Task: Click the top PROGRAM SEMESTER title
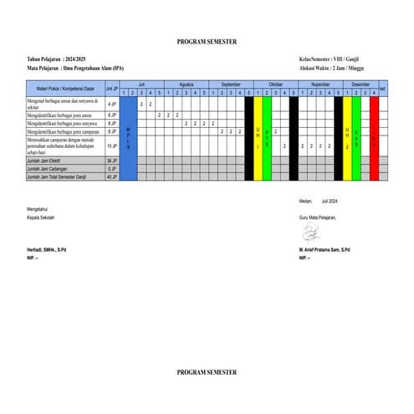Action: pyautogui.click(x=207, y=41)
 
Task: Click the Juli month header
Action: pyautogui.click(x=141, y=84)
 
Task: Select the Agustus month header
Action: pyautogui.click(x=187, y=84)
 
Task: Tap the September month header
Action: pyautogui.click(x=231, y=84)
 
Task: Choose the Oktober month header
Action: pyautogui.click(x=275, y=84)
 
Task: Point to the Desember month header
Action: pyautogui.click(x=360, y=84)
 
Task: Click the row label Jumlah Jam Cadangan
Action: pyautogui.click(x=51, y=169)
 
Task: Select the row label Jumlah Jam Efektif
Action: pyautogui.click(x=49, y=160)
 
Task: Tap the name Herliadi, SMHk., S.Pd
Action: pyautogui.click(x=47, y=250)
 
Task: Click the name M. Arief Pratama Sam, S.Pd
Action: pyautogui.click(x=325, y=250)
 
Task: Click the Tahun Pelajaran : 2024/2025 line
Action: pyautogui.click(x=57, y=60)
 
